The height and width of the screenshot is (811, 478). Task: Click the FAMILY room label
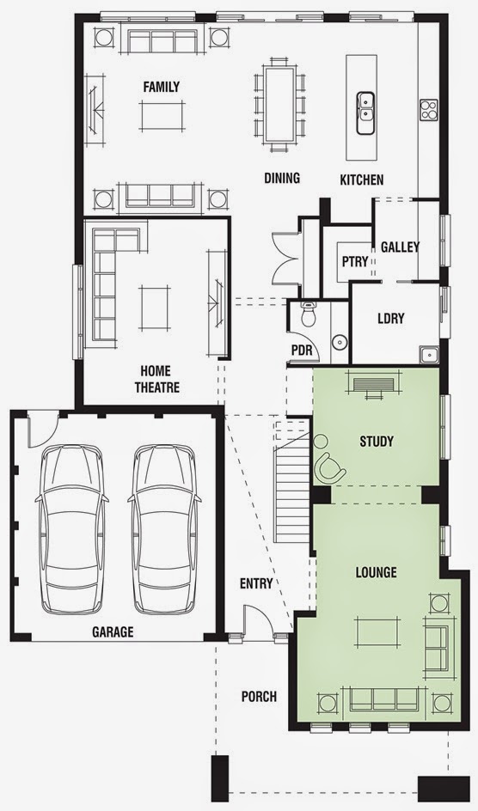pyautogui.click(x=162, y=87)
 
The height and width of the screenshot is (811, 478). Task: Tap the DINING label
pyautogui.click(x=282, y=179)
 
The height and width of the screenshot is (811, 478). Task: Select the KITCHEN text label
pyautogui.click(x=362, y=180)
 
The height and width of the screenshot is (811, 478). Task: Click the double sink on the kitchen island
pyautogui.click(x=365, y=113)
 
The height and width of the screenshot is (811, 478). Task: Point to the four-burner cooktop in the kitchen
pyautogui.click(x=428, y=110)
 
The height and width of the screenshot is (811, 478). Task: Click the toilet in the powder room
pyautogui.click(x=309, y=314)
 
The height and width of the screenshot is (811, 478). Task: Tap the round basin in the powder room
pyautogui.click(x=340, y=342)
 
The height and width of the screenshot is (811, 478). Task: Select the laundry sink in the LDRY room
pyautogui.click(x=429, y=354)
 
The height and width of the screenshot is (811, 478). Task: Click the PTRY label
pyautogui.click(x=355, y=262)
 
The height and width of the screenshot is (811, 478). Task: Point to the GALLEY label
pyautogui.click(x=400, y=247)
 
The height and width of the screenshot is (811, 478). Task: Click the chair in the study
pyautogui.click(x=329, y=466)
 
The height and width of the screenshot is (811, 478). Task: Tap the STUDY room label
pyautogui.click(x=376, y=442)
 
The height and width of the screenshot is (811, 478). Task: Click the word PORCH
pyautogui.click(x=259, y=697)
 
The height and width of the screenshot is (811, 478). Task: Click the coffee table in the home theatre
pyautogui.click(x=154, y=308)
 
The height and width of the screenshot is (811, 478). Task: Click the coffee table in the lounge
pyautogui.click(x=377, y=632)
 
